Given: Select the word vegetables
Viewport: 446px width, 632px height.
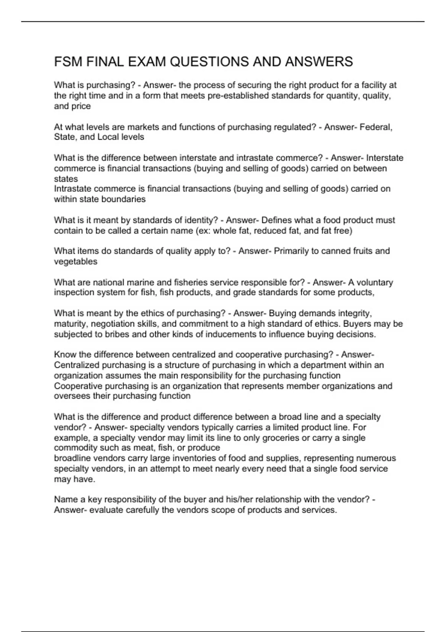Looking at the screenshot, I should pyautogui.click(x=75, y=261).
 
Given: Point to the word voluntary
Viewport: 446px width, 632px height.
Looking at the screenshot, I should pyautogui.click(x=374, y=283).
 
